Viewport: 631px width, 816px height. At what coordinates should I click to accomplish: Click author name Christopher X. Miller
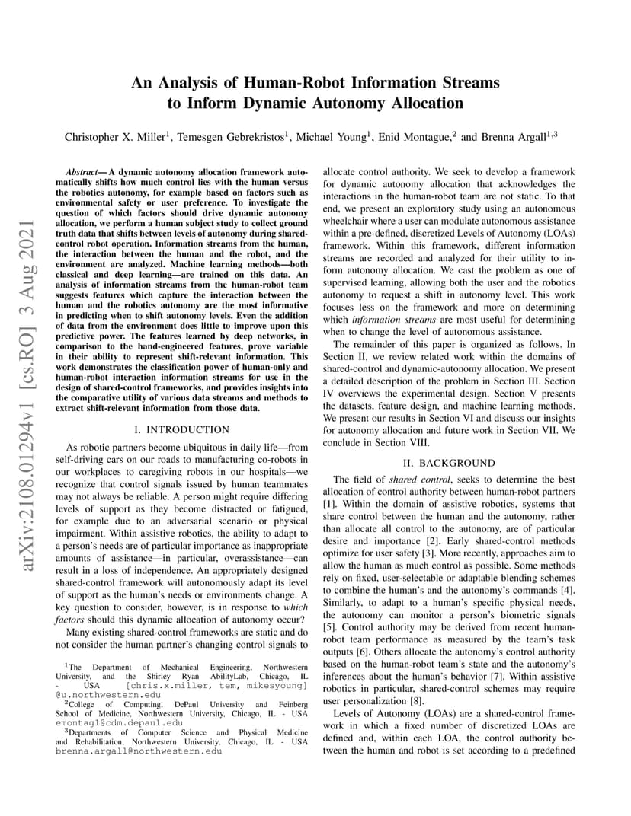114,137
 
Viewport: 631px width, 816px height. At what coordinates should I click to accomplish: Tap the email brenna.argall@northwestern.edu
139,750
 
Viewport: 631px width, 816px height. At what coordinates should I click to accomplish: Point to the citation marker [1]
329,505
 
